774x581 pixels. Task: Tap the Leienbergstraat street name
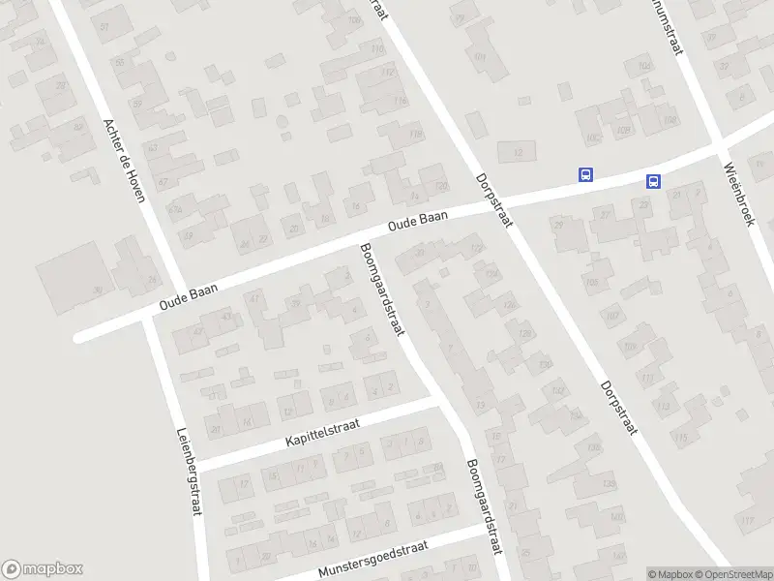pyautogui.click(x=188, y=472)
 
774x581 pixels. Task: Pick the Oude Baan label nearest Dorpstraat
pyautogui.click(x=418, y=222)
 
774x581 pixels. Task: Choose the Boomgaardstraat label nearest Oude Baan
pyautogui.click(x=380, y=288)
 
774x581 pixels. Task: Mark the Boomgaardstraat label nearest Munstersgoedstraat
pyautogui.click(x=484, y=507)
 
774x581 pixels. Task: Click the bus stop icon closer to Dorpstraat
pyautogui.click(x=585, y=175)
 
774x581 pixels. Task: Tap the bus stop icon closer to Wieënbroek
pyautogui.click(x=654, y=181)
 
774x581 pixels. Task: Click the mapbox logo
pyautogui.click(x=43, y=568)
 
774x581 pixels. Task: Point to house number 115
pyautogui.click(x=682, y=439)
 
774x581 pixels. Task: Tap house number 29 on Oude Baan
pyautogui.click(x=557, y=225)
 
